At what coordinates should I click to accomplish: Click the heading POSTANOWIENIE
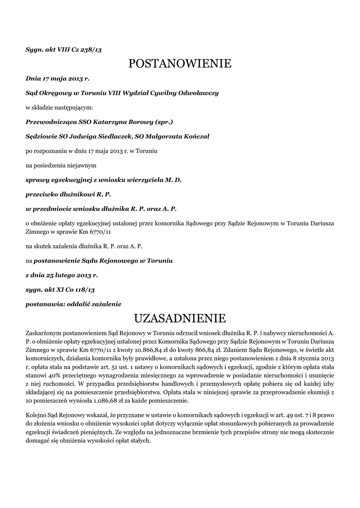click(180, 63)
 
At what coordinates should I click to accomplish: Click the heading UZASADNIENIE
click(180, 317)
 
